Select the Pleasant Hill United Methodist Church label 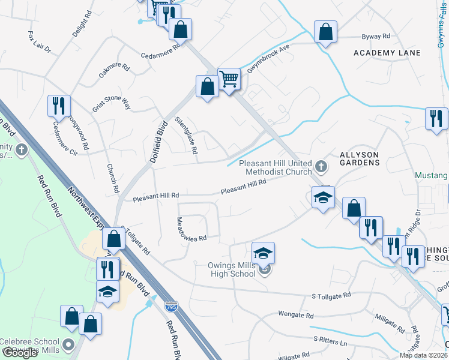276,167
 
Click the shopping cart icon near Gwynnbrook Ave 229,78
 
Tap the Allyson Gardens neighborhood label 360,158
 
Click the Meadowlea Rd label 191,230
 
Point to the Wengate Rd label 296,314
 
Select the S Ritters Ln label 330,340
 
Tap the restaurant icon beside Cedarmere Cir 59,106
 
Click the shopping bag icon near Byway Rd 325,32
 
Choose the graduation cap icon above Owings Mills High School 263,254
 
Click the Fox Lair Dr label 40,41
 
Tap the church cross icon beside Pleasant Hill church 321,165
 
